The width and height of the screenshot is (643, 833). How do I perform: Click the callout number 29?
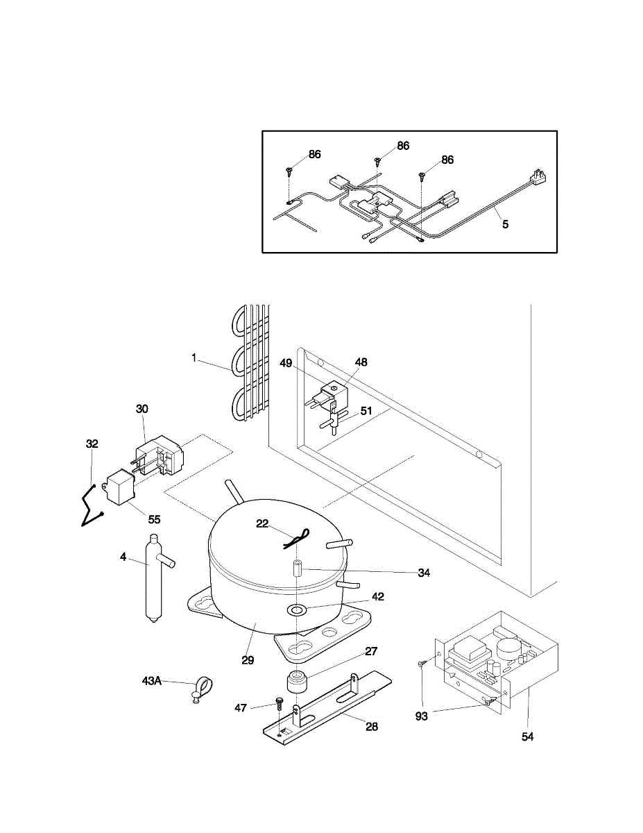point(248,660)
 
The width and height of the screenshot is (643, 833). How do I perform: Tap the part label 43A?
point(151,681)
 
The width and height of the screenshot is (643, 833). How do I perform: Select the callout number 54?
point(528,737)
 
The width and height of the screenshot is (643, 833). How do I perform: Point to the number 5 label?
point(505,224)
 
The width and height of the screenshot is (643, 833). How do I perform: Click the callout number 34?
point(424,573)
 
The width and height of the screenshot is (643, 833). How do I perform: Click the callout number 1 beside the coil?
point(194,357)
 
